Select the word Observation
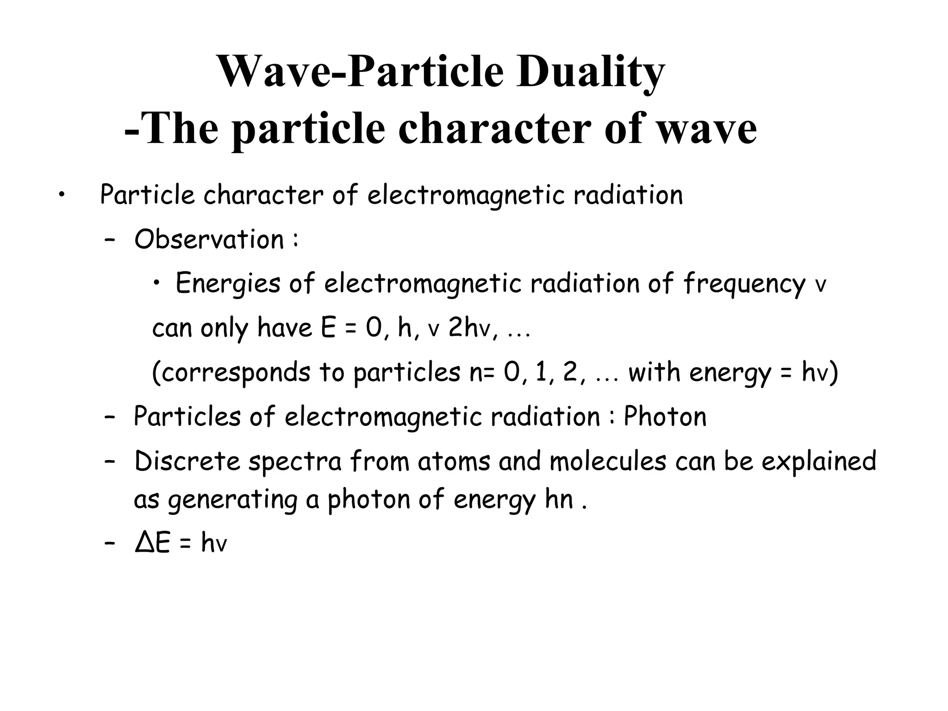(209, 240)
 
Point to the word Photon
(665, 417)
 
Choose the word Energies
(228, 283)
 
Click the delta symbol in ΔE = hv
(144, 543)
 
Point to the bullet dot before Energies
(158, 283)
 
